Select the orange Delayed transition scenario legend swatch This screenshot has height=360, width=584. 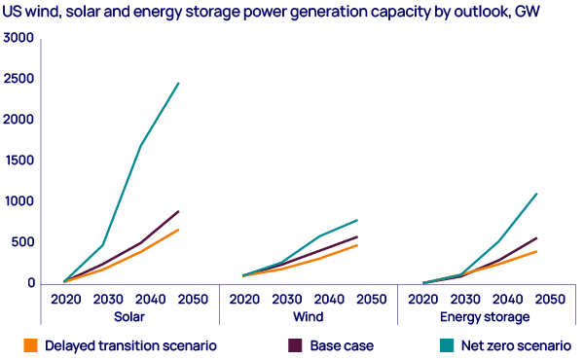point(29,345)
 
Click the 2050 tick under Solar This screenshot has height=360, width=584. point(193,299)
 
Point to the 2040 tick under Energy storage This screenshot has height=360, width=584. point(506,299)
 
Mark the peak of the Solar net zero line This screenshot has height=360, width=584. point(178,84)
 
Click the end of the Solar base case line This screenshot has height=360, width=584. point(178,211)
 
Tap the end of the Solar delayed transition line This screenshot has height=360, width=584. point(178,230)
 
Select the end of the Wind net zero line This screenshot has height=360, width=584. point(357,220)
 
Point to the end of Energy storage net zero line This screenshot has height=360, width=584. point(536,194)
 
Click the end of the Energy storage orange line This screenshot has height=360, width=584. point(536,251)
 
